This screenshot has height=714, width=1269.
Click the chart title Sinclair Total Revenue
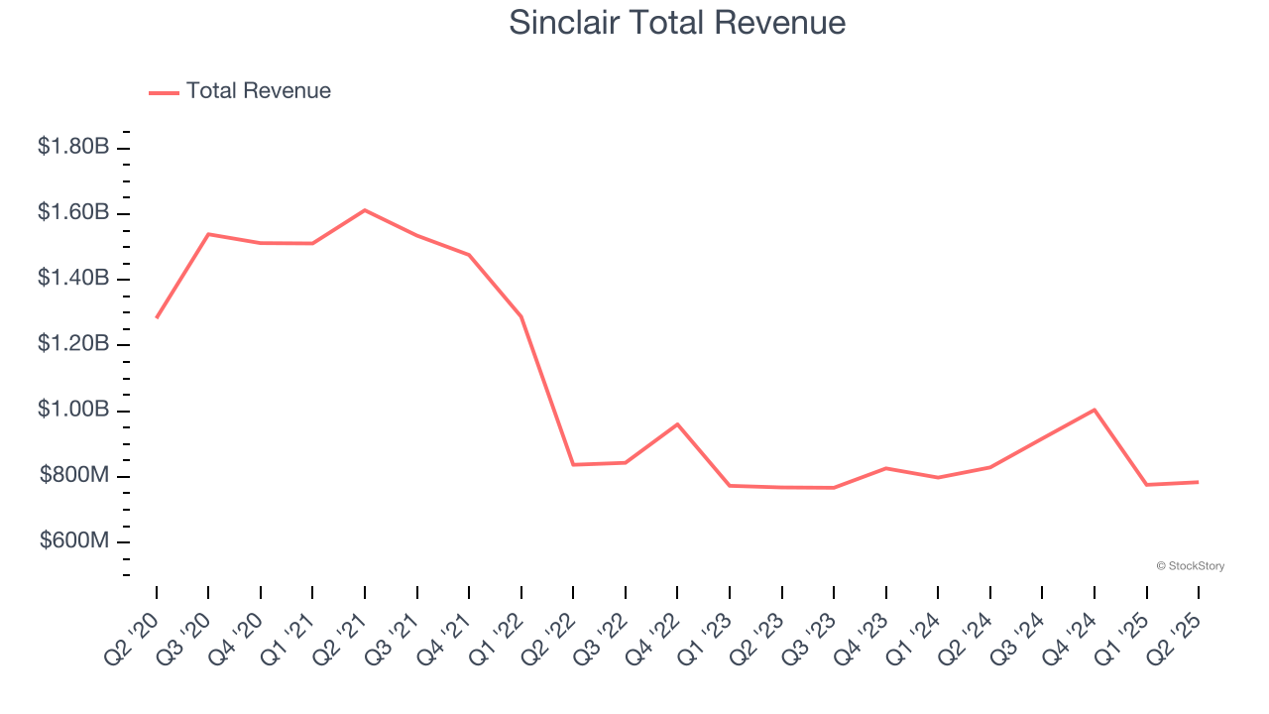[677, 23]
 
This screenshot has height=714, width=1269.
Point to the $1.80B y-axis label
[73, 147]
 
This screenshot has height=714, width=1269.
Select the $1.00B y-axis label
[73, 410]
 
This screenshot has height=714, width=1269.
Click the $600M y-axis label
[74, 541]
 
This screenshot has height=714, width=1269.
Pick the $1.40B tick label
[73, 278]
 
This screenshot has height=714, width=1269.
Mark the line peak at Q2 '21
[365, 210]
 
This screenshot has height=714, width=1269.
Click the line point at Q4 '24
[1095, 410]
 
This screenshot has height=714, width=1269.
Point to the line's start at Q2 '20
[157, 317]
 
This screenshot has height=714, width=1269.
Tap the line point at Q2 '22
[573, 464]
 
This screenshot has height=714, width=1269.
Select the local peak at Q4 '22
[677, 424]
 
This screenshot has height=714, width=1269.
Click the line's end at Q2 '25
[1198, 482]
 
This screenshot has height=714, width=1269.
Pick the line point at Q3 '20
[208, 234]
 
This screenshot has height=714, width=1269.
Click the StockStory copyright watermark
[1190, 566]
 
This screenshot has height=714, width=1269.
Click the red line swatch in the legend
[164, 92]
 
